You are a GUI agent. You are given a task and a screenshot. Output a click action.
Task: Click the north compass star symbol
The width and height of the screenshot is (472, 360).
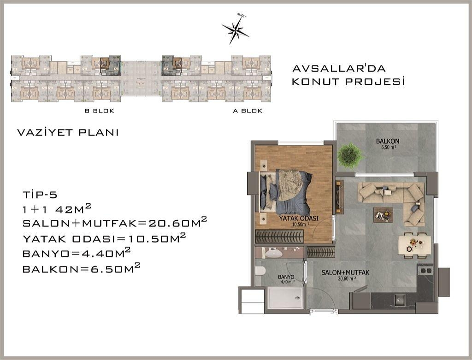236,30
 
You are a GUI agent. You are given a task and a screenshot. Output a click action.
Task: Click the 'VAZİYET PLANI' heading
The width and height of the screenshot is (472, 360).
68,133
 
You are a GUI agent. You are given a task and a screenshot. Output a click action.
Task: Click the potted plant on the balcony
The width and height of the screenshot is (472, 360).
350,155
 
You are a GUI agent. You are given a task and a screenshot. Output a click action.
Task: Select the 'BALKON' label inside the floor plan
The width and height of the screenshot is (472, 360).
387,141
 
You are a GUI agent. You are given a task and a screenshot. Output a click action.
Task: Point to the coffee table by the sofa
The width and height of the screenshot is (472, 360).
383,214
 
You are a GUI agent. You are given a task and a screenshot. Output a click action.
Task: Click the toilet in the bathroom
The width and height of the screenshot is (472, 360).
261,271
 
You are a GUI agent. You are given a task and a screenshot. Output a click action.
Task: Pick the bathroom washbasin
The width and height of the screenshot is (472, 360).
277,253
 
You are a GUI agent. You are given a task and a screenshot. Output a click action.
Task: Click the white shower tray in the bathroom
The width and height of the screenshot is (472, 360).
285,298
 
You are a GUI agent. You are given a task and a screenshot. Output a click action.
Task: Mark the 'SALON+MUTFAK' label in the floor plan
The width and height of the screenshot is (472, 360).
345,273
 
